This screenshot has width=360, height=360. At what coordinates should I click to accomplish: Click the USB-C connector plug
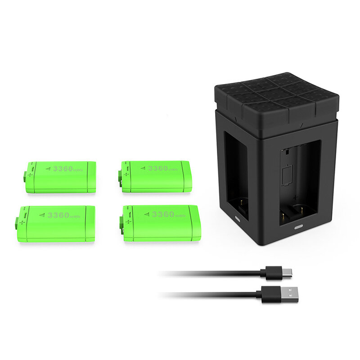click(276, 273)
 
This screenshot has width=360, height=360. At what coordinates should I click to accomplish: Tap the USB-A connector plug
click(277, 295)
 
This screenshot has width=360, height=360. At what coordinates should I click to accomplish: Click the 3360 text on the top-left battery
click(63, 169)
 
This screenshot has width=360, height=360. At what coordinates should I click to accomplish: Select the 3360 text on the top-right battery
click(158, 168)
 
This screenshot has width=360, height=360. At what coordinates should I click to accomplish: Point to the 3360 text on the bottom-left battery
click(58, 215)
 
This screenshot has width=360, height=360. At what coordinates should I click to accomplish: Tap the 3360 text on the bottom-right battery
click(163, 215)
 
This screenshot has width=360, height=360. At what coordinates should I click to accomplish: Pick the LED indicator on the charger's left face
click(238, 218)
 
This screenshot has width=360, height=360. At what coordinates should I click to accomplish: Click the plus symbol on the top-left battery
click(30, 175)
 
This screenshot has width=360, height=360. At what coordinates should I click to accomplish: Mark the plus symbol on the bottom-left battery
click(22, 222)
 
